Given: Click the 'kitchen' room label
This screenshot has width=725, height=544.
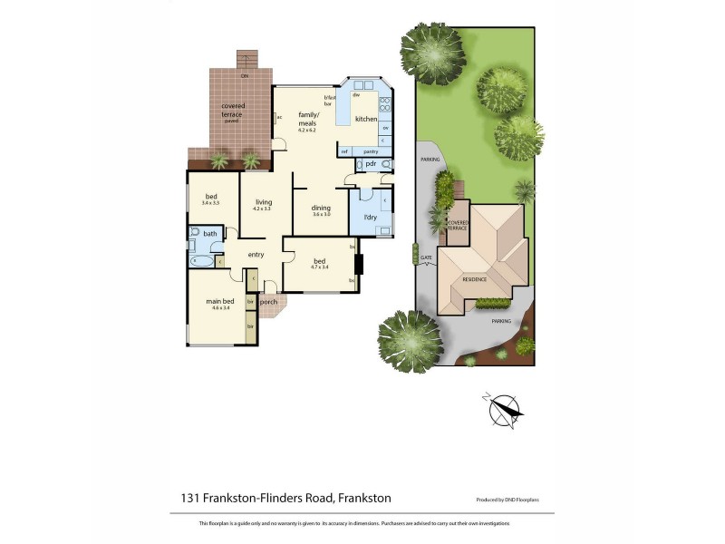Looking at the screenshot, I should (x=365, y=119).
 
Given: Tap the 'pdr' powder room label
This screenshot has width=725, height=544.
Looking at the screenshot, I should (x=372, y=164).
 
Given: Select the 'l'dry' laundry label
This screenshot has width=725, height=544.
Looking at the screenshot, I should (x=369, y=219).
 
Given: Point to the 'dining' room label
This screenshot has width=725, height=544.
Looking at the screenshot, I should (x=322, y=208).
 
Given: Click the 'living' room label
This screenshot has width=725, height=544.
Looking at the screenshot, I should (x=264, y=202).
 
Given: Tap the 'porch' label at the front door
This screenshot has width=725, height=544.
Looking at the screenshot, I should (x=269, y=302).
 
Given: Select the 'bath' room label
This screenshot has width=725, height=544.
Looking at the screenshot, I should (x=210, y=234).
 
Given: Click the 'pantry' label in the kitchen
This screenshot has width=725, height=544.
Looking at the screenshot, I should (x=371, y=151).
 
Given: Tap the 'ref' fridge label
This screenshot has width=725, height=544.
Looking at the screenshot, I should (x=344, y=151).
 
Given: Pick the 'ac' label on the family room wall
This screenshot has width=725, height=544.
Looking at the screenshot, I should (x=280, y=117).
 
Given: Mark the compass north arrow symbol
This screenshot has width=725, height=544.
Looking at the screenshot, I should (x=505, y=410).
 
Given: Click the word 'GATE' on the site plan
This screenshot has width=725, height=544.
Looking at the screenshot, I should (x=426, y=258).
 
